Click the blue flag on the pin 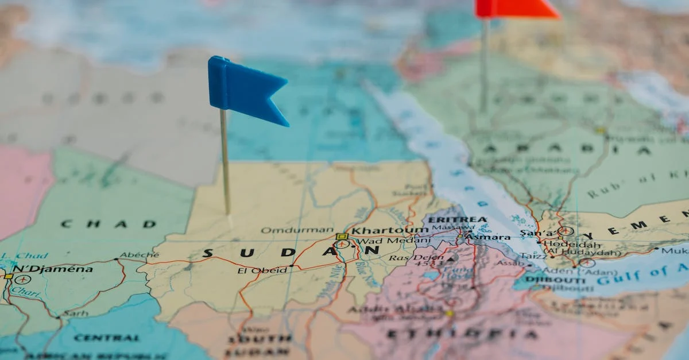coord(244,89)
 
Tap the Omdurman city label coord(297,230)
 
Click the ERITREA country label coord(458,219)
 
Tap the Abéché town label coord(139,255)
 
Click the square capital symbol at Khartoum coord(342,236)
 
